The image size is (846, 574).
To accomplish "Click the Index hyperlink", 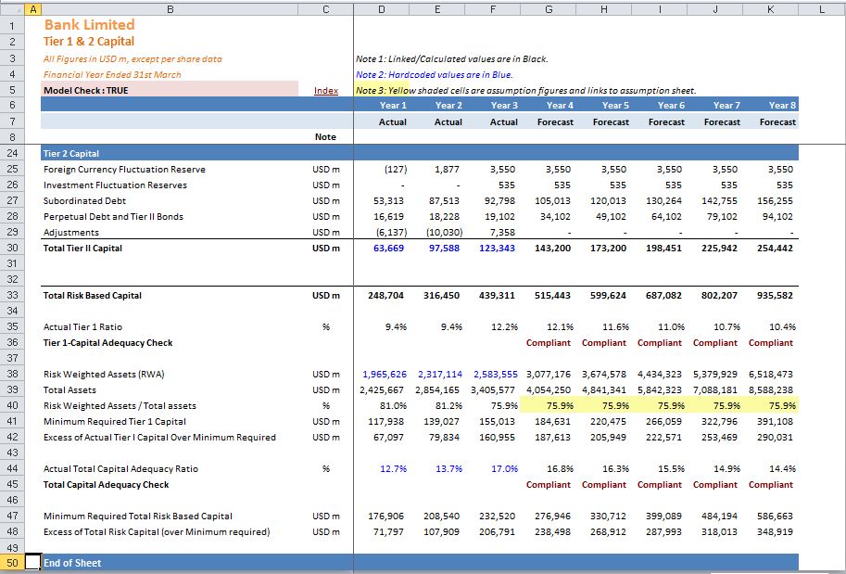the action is tap(326, 91).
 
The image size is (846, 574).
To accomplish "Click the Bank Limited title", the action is tap(90, 25).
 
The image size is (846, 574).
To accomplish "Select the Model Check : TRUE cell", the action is tap(170, 90).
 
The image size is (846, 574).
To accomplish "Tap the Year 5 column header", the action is tap(615, 106).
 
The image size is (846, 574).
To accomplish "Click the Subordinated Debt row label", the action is tap(84, 201).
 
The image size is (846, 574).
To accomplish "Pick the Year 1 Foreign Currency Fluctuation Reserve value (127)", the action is tap(396, 169).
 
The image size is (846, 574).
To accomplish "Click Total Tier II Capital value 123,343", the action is tap(497, 249).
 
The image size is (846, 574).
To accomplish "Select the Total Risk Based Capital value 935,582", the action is tap(775, 296).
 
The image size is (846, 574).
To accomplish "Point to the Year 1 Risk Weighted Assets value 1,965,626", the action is tap(385, 375).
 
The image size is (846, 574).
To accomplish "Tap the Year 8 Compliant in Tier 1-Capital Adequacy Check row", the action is tap(770, 343).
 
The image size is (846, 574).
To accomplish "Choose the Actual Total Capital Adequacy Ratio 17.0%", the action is tap(504, 468).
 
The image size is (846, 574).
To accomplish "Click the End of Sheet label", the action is tap(72, 563).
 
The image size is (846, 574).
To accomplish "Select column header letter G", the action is tap(549, 9).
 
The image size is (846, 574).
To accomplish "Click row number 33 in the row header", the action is tap(12, 296).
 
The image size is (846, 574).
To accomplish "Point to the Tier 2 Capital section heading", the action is tap(71, 153).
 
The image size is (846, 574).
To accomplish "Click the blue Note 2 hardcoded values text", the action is tap(435, 74).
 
